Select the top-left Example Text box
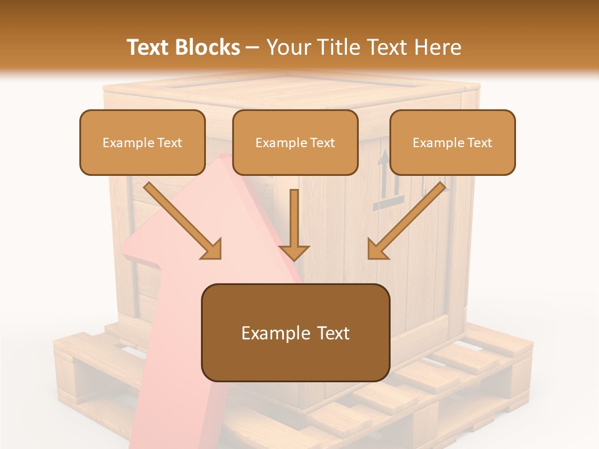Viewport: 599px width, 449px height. click(x=142, y=142)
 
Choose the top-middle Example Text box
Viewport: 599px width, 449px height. click(x=295, y=142)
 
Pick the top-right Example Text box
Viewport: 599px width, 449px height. click(x=452, y=142)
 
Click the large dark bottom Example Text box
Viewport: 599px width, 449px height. click(x=295, y=333)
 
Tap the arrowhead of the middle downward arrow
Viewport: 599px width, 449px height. click(x=295, y=251)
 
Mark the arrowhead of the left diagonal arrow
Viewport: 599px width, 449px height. click(x=212, y=249)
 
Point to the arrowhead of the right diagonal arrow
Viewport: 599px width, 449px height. click(x=377, y=249)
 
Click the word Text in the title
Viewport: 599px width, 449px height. click(x=149, y=47)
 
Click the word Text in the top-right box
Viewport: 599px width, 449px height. click(x=479, y=142)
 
